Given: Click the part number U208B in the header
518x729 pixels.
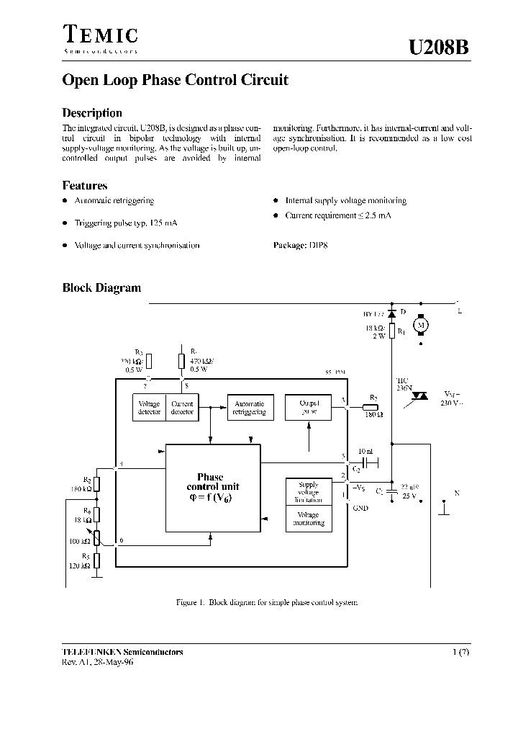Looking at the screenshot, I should (438, 47).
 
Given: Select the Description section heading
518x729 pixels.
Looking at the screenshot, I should (92, 113).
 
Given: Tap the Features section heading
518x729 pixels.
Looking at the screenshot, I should (85, 185).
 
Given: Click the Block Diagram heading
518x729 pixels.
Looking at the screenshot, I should (101, 287).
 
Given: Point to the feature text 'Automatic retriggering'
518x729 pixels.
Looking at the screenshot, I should (114, 201).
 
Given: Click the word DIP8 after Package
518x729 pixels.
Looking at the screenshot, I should (318, 245).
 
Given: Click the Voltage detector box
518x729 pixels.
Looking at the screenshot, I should (149, 408).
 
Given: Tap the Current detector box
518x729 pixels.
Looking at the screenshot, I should (182, 408).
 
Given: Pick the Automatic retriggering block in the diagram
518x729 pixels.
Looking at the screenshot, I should (250, 408).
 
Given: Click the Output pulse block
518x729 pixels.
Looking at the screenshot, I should (308, 408).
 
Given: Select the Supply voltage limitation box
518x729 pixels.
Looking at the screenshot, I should (308, 492).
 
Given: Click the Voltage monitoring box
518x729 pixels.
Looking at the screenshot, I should (308, 519).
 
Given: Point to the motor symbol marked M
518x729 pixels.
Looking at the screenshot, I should (423, 326).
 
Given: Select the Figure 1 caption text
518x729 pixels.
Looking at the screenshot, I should (267, 602).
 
